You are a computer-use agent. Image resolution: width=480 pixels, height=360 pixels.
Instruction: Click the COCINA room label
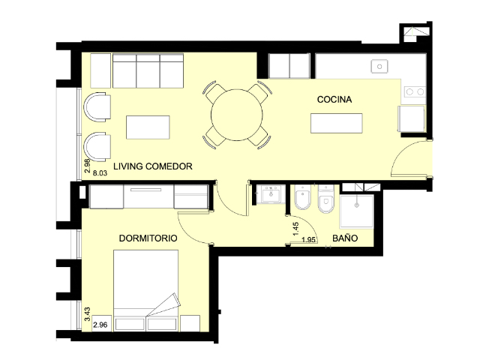pyautogui.click(x=334, y=100)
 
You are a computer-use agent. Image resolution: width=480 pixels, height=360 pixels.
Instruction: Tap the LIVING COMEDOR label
pyautogui.click(x=153, y=166)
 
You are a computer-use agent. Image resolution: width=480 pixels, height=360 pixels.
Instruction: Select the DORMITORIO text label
pyautogui.click(x=148, y=238)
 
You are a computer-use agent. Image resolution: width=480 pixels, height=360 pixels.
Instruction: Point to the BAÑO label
pyautogui.click(x=345, y=238)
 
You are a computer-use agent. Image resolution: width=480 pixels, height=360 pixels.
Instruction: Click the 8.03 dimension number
pyautogui.click(x=100, y=173)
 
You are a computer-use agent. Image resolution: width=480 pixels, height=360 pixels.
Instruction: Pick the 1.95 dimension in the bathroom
pyautogui.click(x=308, y=240)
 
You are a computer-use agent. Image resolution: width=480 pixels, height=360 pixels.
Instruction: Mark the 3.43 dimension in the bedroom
pyautogui.click(x=87, y=314)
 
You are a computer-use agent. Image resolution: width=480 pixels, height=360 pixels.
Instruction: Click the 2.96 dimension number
pyautogui.click(x=100, y=325)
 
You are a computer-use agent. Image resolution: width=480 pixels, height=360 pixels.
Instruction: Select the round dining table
pyautogui.click(x=237, y=115)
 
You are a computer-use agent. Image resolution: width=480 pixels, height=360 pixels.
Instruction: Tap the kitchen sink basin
pyautogui.click(x=379, y=67)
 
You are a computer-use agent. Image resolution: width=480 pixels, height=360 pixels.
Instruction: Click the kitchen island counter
pyautogui.click(x=337, y=123)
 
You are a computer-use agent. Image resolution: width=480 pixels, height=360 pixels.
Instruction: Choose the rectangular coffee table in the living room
pyautogui.click(x=148, y=127)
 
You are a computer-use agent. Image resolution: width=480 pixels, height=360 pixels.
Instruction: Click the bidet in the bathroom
pyautogui.click(x=303, y=197)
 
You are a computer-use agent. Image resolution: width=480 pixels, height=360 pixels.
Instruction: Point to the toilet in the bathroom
pyautogui.click(x=326, y=199)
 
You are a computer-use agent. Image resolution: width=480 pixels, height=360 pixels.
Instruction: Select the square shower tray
pyautogui.click(x=357, y=211)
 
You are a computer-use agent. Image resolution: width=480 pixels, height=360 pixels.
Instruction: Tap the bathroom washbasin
pyautogui.click(x=271, y=194)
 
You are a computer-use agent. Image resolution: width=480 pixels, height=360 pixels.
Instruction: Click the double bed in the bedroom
pyautogui.click(x=146, y=290)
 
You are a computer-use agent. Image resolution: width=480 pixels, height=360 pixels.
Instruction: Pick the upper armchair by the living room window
pyautogui.click(x=97, y=107)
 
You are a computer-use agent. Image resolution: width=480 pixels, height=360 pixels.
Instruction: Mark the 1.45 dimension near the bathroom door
pyautogui.click(x=295, y=229)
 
